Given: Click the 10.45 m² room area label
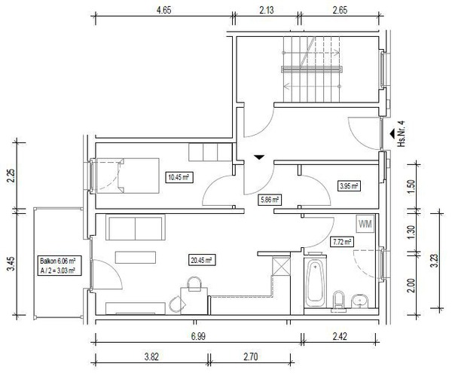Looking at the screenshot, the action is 179,177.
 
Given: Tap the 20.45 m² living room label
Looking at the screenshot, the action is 201,261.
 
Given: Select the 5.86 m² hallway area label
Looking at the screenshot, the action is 270,200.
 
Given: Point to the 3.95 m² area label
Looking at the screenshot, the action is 349,186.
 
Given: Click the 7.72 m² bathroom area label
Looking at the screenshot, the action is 341,242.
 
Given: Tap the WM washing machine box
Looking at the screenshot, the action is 365,224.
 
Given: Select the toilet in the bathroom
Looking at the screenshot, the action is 338,301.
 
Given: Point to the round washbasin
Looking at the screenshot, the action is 360,301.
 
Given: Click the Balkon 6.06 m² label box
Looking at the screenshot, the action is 60,265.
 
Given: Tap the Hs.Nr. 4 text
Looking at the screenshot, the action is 402,133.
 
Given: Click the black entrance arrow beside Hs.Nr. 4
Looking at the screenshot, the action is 392,133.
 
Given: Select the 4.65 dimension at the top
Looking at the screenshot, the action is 163,10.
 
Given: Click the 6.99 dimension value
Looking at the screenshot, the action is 198,336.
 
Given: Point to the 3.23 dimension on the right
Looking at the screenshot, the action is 434,261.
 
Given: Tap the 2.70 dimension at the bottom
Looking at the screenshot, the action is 251,357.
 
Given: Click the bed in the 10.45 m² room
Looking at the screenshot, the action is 128,176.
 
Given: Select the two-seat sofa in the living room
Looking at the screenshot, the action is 136,228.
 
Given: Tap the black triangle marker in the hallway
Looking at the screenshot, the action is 259,157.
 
